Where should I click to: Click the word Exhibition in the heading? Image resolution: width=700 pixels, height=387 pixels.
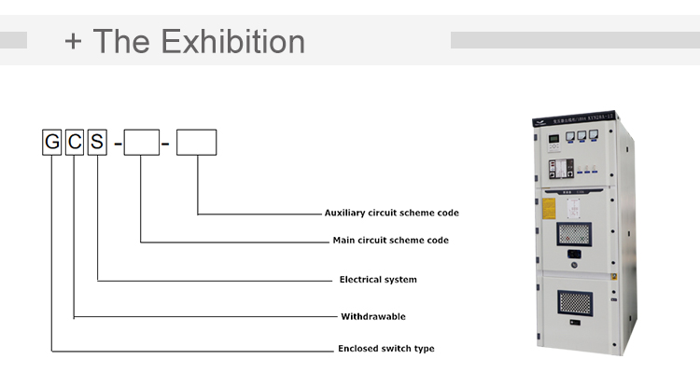click(232, 41)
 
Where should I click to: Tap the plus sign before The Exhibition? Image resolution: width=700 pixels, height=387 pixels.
click(74, 42)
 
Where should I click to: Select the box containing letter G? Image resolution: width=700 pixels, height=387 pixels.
click(52, 143)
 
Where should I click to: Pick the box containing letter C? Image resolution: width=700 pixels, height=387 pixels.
click(75, 143)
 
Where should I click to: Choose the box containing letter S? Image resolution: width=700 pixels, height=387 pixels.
click(98, 143)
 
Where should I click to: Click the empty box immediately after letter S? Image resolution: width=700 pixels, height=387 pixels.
click(142, 143)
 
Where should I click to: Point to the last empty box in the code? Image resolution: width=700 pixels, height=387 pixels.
click(196, 143)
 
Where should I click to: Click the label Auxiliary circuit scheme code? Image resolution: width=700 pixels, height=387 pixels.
click(391, 213)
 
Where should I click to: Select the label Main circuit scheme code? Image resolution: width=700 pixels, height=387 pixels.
click(390, 241)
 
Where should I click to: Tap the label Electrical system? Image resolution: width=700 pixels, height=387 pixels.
click(377, 280)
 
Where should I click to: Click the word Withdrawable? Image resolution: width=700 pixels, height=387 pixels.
click(372, 316)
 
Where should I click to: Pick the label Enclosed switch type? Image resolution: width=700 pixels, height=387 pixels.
click(385, 349)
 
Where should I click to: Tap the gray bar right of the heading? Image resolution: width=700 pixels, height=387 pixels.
click(574, 40)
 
